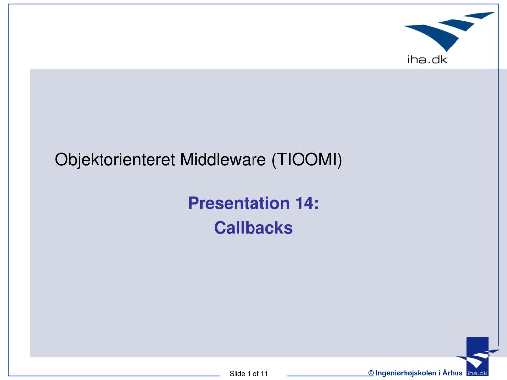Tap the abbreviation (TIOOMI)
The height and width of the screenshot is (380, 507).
(x=306, y=160)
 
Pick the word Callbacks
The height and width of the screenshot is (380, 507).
(x=253, y=228)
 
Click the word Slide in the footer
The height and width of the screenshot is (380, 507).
(x=237, y=374)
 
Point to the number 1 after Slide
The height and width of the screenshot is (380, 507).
(x=249, y=374)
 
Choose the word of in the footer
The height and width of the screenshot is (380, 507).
(x=256, y=374)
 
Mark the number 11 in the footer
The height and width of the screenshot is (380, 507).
(x=264, y=374)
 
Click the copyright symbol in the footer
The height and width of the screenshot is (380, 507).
(x=371, y=373)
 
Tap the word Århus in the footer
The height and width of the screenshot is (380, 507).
(x=453, y=373)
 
